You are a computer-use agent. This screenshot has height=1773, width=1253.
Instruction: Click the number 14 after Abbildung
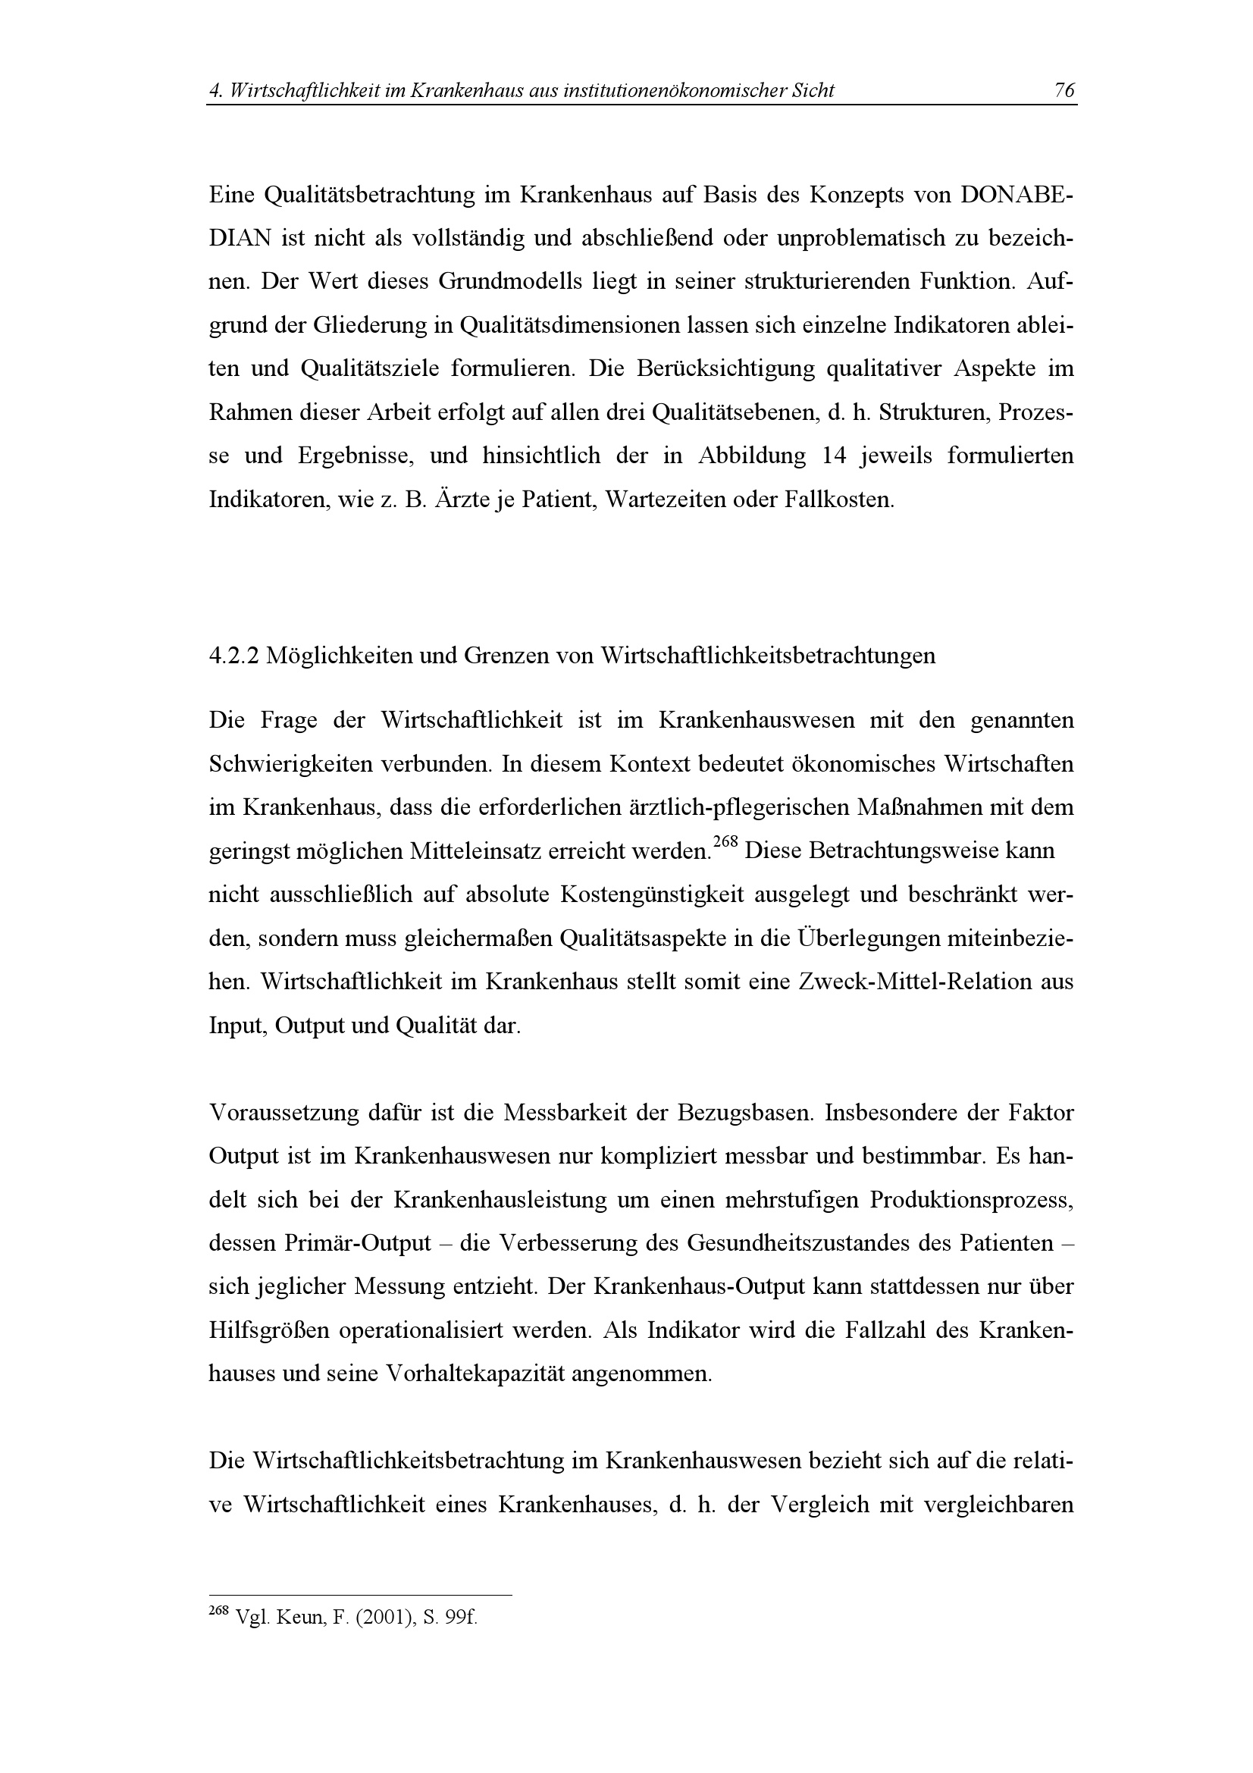[835, 455]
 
